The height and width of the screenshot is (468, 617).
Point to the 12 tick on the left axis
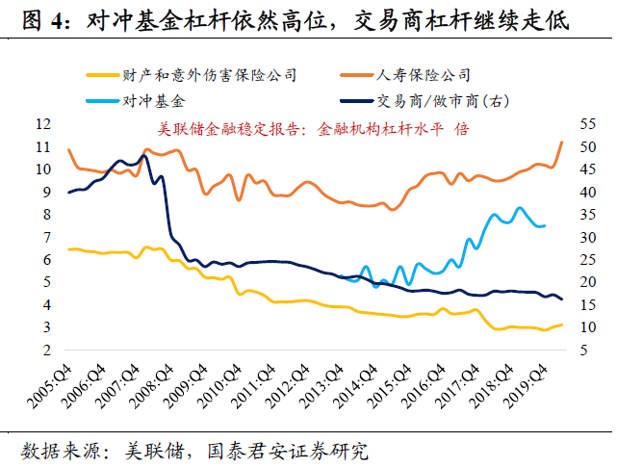pyautogui.click(x=43, y=124)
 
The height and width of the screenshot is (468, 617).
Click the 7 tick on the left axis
pyautogui.click(x=47, y=237)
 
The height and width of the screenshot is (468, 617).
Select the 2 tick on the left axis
pyautogui.click(x=47, y=350)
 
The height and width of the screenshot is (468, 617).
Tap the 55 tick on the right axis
pyautogui.click(x=588, y=124)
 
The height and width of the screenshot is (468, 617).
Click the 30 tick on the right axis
pyautogui.click(x=588, y=237)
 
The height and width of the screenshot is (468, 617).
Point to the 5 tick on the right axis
pyautogui.click(x=584, y=350)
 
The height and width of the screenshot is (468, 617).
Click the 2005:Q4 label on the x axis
pyautogui.click(x=50, y=386)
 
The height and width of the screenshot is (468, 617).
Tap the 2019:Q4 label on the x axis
pyautogui.click(x=526, y=386)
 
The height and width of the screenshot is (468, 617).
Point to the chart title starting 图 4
pyautogui.click(x=296, y=20)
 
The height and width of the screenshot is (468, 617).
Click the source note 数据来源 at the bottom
pyautogui.click(x=194, y=451)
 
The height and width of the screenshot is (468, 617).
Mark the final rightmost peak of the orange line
pyautogui.click(x=561, y=142)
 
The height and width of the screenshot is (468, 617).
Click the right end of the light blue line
pyautogui.click(x=545, y=225)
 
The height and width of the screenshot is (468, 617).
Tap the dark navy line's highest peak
pyautogui.click(x=144, y=156)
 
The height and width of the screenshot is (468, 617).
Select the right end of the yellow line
pyautogui.click(x=561, y=325)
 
